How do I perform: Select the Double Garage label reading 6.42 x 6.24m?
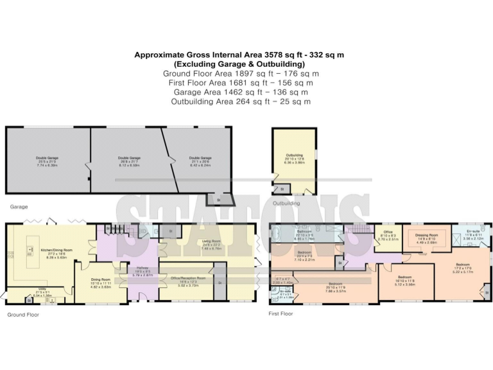point(200,161)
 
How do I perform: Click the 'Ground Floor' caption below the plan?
point(24,315)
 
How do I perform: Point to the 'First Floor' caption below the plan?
point(281,313)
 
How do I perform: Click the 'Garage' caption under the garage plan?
point(17,207)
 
